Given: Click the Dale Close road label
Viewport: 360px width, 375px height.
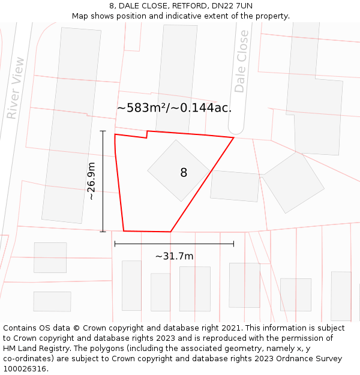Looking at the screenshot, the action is tap(241, 61).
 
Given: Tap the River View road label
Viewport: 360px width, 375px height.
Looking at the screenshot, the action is tap(16, 88).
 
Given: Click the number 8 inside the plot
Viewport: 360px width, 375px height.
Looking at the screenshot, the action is tap(184, 173).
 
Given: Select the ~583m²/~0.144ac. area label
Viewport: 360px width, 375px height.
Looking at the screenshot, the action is tap(174, 108).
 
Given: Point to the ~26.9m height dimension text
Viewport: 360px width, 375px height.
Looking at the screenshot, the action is tap(91, 181).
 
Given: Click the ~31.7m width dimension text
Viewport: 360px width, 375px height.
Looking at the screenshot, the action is tap(174, 256).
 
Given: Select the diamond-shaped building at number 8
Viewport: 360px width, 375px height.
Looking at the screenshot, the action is tap(178, 170).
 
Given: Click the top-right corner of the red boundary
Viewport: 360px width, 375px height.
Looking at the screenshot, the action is tap(233, 137).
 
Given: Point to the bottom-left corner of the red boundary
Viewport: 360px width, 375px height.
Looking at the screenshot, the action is tap(124, 230).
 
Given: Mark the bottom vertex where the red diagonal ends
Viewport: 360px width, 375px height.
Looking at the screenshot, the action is tap(170, 232).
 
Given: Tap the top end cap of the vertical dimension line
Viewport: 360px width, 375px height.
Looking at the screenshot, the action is tap(103, 131).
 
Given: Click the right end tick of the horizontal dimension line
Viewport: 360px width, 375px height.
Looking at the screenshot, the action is tap(233, 244).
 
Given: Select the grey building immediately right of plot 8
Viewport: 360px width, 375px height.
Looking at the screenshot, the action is tap(235, 186).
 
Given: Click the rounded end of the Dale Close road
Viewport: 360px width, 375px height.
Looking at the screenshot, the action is tap(236, 129).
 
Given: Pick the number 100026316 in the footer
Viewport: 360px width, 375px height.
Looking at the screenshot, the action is tap(24, 368).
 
